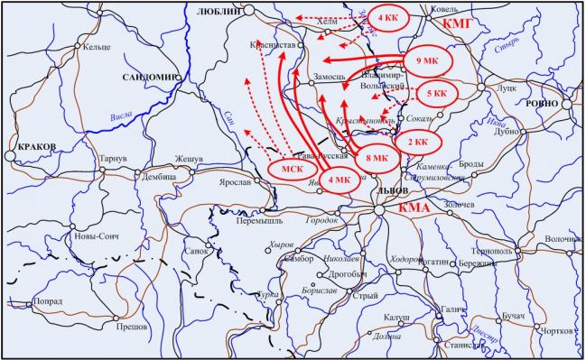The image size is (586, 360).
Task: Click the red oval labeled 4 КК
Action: tap(387, 19)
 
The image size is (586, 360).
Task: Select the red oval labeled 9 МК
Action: tap(428, 61)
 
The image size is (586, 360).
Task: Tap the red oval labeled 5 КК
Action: tap(436, 92)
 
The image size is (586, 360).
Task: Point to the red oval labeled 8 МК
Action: tap(377, 159)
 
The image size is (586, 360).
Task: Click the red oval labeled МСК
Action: tap(291, 169)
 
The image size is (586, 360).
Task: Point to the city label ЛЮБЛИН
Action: tap(219, 10)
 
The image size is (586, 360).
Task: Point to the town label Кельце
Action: tap(96, 47)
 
